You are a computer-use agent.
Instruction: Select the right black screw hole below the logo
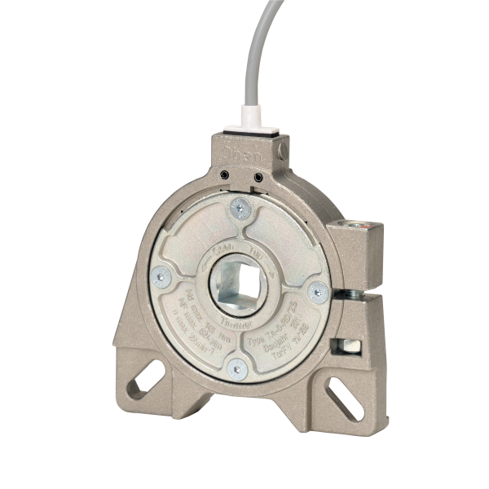(x=258, y=174)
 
